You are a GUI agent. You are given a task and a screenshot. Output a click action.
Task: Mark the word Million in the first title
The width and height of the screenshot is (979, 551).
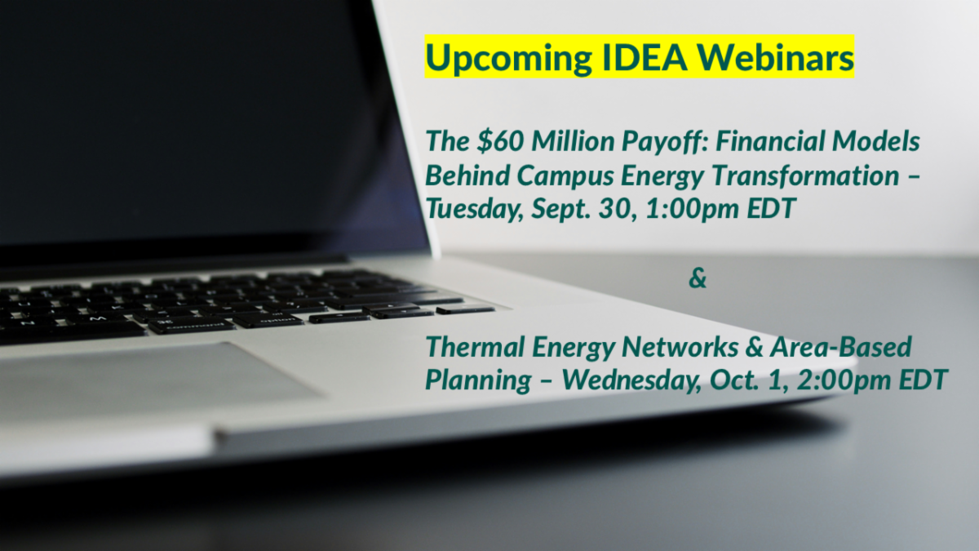(562, 142)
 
